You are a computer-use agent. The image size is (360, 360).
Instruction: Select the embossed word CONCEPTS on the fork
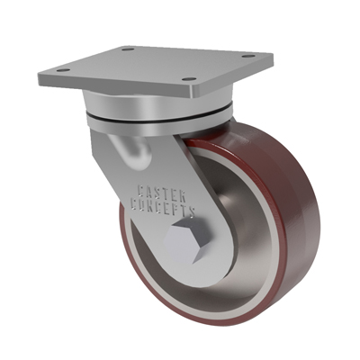pos(164,207)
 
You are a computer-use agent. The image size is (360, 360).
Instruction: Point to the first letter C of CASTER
pos(141,190)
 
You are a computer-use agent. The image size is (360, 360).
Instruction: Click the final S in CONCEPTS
pos(192,211)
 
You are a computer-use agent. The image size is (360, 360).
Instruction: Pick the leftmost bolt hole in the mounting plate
pos(63,70)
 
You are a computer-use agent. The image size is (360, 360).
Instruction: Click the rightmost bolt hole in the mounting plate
pos(248,56)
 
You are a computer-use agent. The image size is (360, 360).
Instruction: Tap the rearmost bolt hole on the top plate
pos(128,49)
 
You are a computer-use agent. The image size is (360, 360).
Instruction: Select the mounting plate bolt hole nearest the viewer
pos(189,79)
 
